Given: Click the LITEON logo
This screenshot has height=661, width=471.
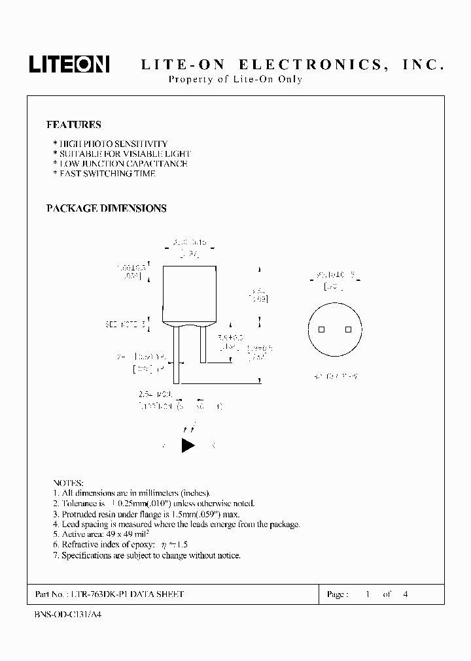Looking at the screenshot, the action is pos(69,64).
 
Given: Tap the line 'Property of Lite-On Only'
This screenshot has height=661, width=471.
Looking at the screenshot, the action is pos(235,80).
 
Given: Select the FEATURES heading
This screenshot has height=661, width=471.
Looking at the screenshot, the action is pos(73,124).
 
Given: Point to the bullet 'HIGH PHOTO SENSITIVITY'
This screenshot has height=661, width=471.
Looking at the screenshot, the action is pos(111,144).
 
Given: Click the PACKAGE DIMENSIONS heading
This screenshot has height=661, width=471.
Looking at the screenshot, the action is pos(106,208).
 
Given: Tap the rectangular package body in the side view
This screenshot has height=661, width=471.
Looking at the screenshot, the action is pos(190,294).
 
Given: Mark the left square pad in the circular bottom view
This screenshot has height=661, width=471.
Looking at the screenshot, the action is pos(321,330).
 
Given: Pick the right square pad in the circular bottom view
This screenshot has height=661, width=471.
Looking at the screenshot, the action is pos(348,330).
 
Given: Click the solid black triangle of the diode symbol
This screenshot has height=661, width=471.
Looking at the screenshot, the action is pos(188,445).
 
